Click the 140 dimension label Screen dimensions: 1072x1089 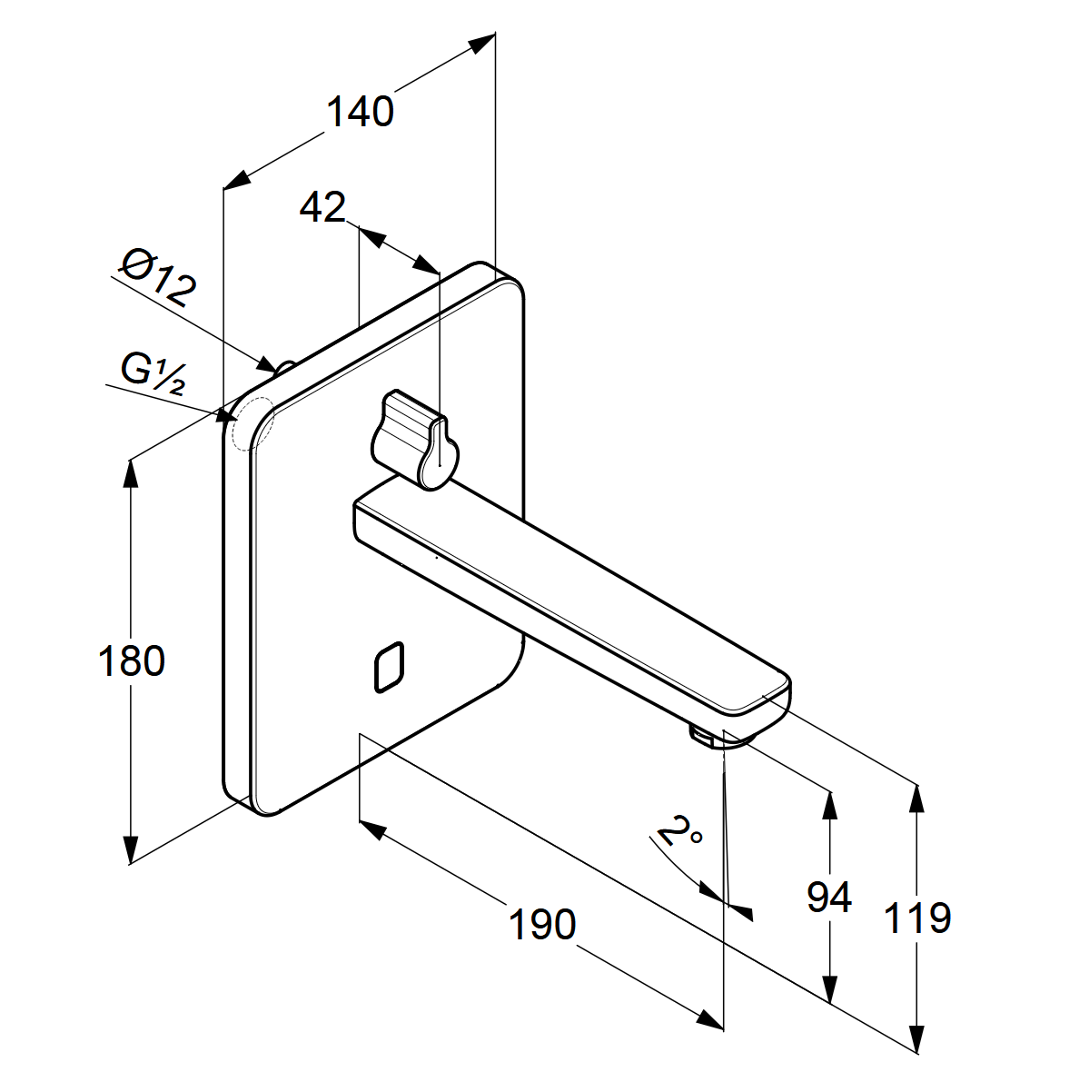click(360, 111)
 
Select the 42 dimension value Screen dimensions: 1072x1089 click(322, 208)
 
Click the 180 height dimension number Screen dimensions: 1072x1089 click(131, 661)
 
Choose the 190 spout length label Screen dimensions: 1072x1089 click(541, 925)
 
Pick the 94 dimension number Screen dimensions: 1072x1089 click(828, 898)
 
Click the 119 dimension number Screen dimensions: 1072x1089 click(917, 918)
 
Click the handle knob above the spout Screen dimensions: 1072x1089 click(413, 438)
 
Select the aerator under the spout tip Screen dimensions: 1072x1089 click(707, 736)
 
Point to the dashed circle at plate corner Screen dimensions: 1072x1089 click(252, 423)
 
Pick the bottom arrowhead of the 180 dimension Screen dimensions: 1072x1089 click(132, 851)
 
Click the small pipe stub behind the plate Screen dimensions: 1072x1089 click(285, 366)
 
